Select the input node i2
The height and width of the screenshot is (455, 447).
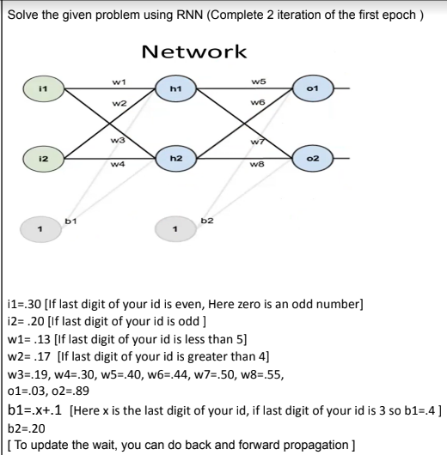(31, 160)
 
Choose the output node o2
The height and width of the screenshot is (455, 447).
(317, 160)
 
